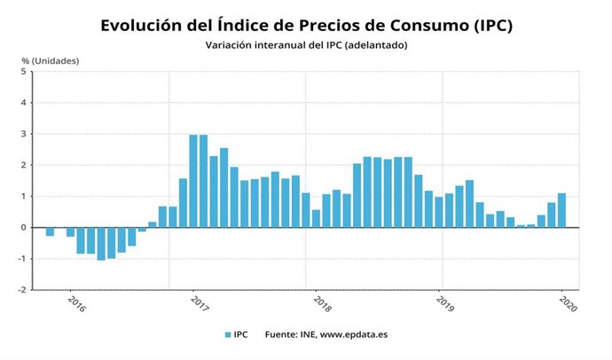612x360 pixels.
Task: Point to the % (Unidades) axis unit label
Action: tap(51, 60)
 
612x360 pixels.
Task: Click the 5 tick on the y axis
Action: tap(24, 72)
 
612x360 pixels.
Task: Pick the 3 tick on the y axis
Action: tap(24, 134)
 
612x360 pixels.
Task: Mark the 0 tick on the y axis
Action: tap(24, 227)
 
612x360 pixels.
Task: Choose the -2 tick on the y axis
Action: tap(22, 289)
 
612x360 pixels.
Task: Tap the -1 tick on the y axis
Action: tap(22, 258)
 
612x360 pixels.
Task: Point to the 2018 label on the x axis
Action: tap(322, 302)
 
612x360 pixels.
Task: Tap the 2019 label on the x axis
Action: tap(445, 302)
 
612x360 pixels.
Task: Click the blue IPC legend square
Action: tap(228, 335)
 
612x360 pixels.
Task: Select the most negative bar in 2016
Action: tap(101, 243)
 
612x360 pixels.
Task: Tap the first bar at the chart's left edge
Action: tap(50, 231)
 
